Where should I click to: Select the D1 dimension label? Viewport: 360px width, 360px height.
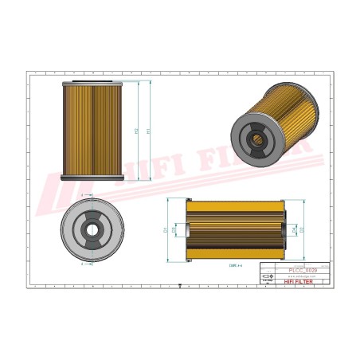click(165, 230)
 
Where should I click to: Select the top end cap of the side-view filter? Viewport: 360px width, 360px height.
click(92, 81)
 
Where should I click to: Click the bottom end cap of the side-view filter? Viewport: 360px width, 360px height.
click(92, 178)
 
